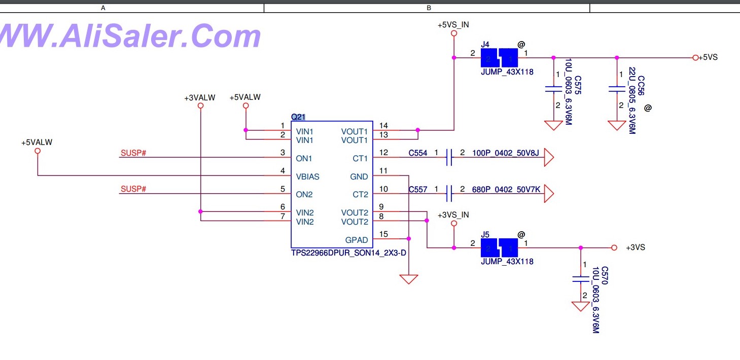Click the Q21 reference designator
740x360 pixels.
[x=298, y=117]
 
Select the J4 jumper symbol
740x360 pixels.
[x=500, y=58]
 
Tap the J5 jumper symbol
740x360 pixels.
[x=500, y=248]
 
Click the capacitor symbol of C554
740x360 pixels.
[x=448, y=158]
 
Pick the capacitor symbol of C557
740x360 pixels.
[x=448, y=193]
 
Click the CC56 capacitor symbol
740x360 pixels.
[x=617, y=89]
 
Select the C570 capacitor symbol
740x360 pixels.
[x=581, y=279]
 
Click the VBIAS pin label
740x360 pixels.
[x=307, y=176]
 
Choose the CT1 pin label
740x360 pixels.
[x=360, y=158]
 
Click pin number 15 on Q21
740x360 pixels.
[x=383, y=234]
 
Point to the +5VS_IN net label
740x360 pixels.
[x=453, y=24]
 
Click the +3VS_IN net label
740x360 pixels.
[x=453, y=215]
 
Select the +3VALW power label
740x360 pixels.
[x=200, y=98]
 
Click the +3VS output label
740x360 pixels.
[x=635, y=248]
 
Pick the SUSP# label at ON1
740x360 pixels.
[x=133, y=153]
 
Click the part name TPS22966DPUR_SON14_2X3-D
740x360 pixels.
[x=348, y=253]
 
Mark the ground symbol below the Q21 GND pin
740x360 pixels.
[x=408, y=279]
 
